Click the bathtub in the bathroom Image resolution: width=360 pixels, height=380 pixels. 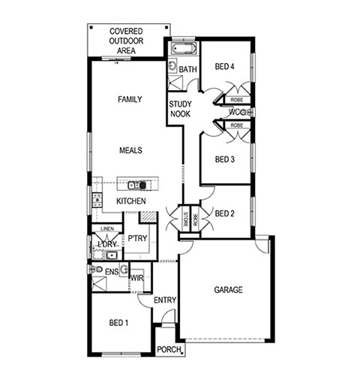coord(184,48)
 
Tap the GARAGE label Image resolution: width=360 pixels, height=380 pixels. coord(228,290)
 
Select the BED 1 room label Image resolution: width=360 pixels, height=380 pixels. coord(118,323)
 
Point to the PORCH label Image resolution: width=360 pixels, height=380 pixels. coord(169,349)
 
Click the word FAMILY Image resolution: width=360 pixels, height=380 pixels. coord(130,99)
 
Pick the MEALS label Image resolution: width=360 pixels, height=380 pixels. coord(130,150)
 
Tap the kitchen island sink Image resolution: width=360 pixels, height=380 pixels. coord(133,185)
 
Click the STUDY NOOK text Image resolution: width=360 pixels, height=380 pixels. coord(180,109)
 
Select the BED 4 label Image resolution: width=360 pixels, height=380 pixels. coord(224,67)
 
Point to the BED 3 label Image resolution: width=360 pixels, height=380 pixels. coord(225,159)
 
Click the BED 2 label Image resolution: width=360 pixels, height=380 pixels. coord(225,213)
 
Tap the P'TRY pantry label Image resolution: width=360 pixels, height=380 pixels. coord(137,238)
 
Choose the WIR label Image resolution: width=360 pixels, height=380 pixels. coord(137,278)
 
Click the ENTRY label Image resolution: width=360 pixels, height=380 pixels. coord(165,300)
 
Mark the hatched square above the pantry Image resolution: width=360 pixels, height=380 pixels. coord(148,217)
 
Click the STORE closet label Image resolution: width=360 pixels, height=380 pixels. coord(185,219)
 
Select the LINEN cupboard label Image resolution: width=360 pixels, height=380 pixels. coord(107,228)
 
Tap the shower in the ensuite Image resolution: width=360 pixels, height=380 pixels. coord(99,284)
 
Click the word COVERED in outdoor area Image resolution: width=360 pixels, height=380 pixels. coord(126,32)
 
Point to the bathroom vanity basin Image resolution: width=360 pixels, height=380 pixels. coord(172,65)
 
